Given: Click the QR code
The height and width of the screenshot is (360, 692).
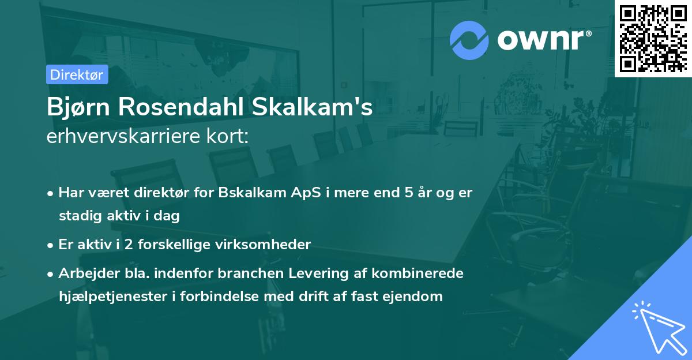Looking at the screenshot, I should click(653, 38).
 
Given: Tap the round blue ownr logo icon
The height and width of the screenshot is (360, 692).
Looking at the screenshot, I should click(469, 40).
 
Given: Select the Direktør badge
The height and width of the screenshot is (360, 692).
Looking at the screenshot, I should click(77, 74).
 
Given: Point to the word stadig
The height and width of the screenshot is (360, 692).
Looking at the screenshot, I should click(78, 216).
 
